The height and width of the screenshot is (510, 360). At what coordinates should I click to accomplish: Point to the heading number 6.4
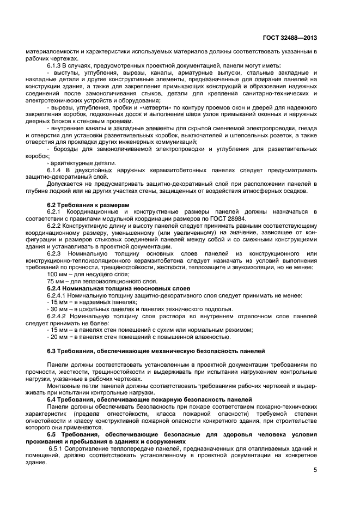52,400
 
